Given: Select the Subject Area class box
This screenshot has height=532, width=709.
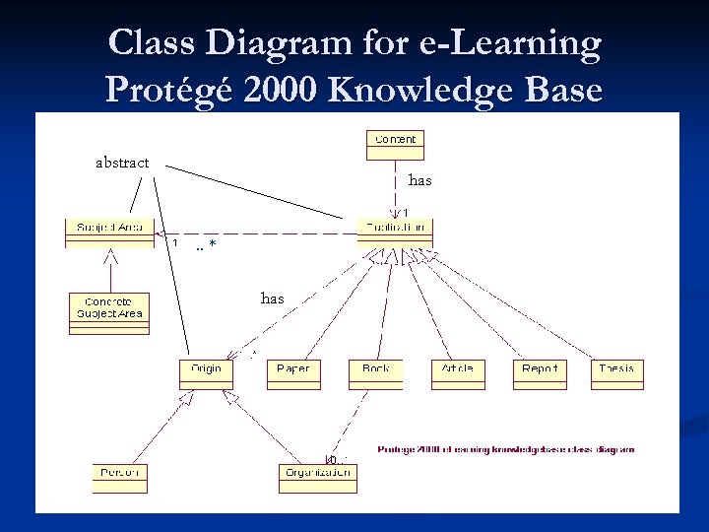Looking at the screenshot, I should pos(109,233).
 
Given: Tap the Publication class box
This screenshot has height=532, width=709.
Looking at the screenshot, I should pos(395,233).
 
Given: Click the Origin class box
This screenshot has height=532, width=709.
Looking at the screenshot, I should pos(206,373).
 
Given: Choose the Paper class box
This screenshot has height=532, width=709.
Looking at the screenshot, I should pos(293,373).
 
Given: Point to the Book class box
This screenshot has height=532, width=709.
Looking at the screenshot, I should pos(375,373).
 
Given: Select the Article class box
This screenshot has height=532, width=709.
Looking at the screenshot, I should pos(458,373).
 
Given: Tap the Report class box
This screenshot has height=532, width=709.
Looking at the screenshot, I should pos(540,373).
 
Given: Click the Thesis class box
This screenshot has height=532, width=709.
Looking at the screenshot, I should pos(616,373).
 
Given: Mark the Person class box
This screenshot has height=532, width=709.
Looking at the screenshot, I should pos(119,477).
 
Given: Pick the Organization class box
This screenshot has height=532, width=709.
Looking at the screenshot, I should pos(318,477).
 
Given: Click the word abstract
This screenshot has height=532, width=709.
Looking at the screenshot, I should pos(122,163).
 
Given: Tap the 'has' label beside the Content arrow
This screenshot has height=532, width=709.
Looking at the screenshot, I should pos(420,180).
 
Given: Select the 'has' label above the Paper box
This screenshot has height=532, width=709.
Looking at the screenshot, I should pos(273,298).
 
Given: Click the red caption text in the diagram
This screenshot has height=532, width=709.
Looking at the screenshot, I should pos(506,449).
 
